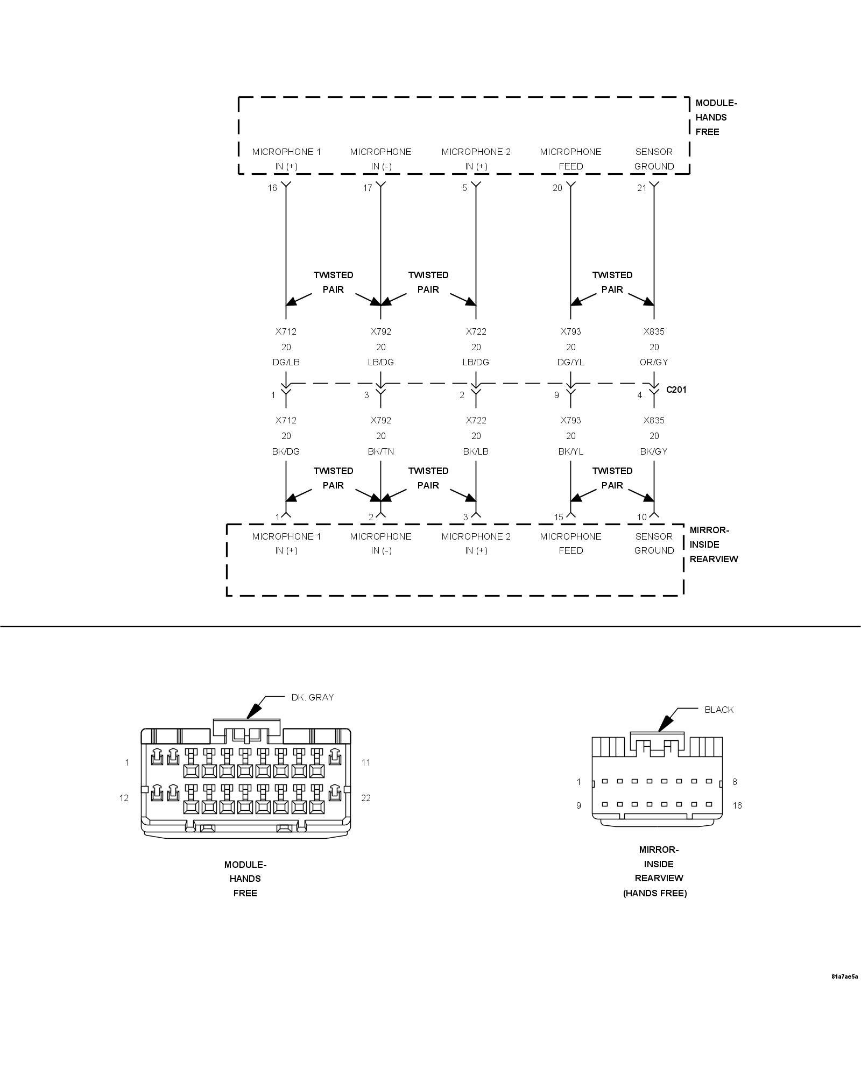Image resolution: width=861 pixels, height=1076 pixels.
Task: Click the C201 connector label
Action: tap(676, 390)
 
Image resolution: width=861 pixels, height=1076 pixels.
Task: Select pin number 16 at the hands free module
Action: tap(272, 188)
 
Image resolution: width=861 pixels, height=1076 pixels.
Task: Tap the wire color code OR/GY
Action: tap(654, 362)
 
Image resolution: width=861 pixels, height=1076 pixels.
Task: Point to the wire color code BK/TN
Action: tap(380, 451)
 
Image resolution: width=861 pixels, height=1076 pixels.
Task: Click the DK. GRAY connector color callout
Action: tap(312, 697)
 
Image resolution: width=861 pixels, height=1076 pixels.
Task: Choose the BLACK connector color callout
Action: tap(719, 710)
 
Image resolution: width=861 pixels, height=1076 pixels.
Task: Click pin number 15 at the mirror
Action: tap(559, 517)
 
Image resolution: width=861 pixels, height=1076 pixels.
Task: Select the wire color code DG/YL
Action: tap(570, 362)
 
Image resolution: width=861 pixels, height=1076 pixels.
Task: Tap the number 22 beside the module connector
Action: tap(366, 798)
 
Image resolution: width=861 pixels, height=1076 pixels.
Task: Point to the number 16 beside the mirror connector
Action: tap(737, 805)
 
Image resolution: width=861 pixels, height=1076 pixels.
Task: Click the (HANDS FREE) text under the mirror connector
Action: tap(655, 893)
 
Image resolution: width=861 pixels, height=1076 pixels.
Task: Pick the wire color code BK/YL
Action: tap(570, 451)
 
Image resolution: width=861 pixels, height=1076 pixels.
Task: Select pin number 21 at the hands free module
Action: tap(641, 188)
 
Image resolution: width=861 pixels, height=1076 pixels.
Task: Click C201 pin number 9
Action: tap(556, 395)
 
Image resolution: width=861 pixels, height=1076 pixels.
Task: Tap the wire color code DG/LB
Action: tap(286, 362)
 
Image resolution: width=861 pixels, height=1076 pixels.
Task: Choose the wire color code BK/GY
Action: tap(654, 451)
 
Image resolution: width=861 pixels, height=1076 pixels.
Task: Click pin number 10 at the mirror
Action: tap(641, 517)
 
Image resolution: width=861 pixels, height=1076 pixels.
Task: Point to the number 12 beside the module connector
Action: tap(124, 798)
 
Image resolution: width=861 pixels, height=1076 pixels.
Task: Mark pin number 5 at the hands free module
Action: tap(464, 188)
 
